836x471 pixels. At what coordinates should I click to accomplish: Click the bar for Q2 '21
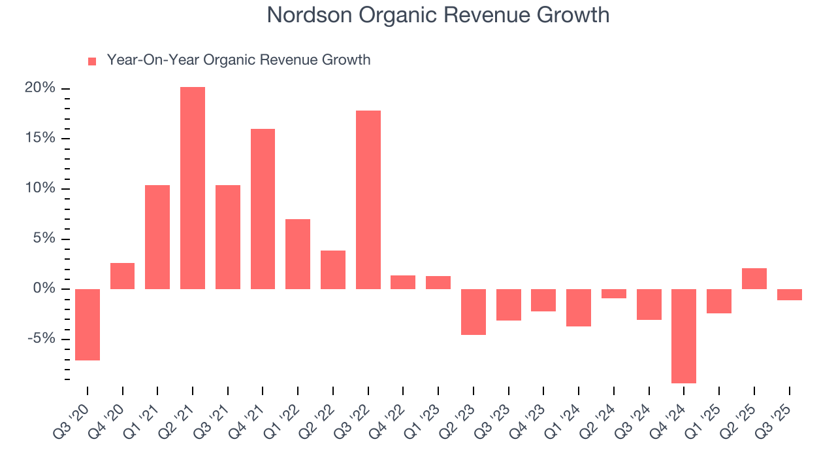click(193, 188)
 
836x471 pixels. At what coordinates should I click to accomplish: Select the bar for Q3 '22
click(368, 200)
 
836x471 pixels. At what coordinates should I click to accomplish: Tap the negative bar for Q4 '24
click(684, 336)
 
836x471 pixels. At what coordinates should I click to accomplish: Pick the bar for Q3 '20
click(88, 324)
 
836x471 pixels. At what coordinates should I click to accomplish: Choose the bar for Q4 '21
click(263, 209)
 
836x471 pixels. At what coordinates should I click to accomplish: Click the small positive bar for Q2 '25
click(754, 279)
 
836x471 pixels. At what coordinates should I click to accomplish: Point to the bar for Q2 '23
click(474, 312)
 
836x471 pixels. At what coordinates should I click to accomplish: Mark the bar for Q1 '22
click(298, 254)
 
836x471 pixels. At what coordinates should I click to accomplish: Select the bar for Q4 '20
click(123, 276)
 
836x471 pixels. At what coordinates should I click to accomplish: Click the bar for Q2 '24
click(614, 294)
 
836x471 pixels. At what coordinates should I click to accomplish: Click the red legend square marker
click(92, 61)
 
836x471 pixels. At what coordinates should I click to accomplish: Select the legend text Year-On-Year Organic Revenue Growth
click(238, 60)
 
